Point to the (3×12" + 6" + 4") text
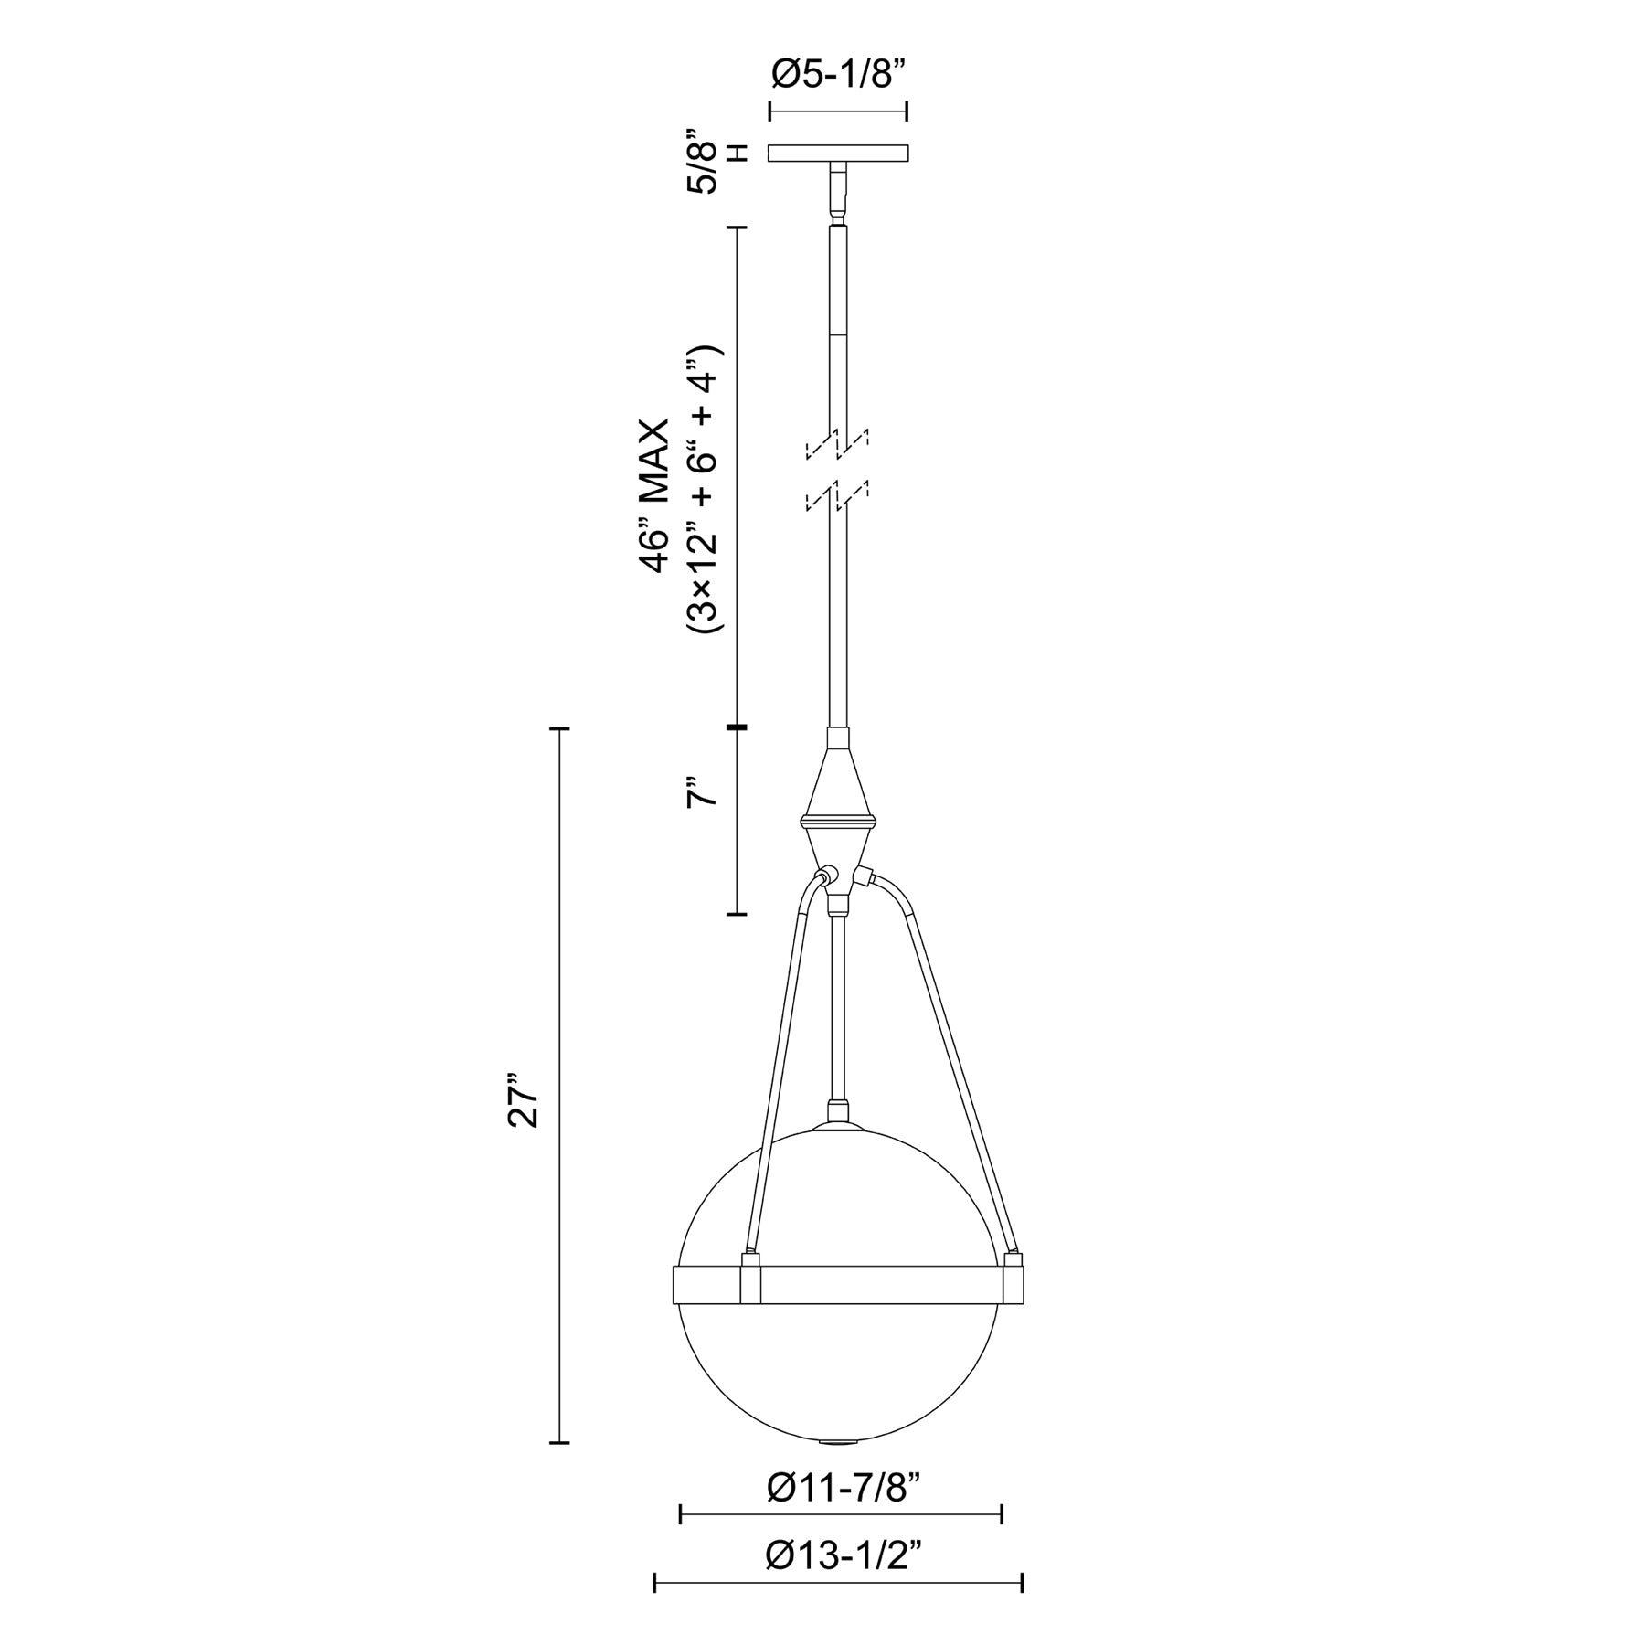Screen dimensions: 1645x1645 pos(705,491)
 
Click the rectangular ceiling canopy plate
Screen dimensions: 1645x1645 pos(838,153)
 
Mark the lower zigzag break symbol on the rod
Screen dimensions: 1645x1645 pos(837,495)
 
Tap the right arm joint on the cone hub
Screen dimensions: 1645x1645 pos(862,878)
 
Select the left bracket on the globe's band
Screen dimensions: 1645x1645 pos(750,1280)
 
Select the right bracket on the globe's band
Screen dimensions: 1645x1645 pos(1013,1280)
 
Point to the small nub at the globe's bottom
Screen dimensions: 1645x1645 pos(838,1442)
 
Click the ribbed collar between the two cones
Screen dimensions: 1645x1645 pos(839,818)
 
